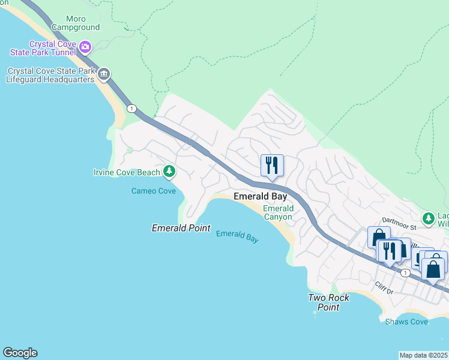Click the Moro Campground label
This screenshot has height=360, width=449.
pyautogui.click(x=76, y=23)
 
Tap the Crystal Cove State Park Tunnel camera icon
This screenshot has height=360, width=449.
pyautogui.click(x=85, y=46)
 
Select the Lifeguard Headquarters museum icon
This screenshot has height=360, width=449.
pyautogui.click(x=104, y=74)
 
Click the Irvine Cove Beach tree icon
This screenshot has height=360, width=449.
pyautogui.click(x=169, y=172)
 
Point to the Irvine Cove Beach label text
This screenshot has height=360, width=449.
pyautogui.click(x=127, y=173)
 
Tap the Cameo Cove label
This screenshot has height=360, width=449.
pyautogui.click(x=154, y=191)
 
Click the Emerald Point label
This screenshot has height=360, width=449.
pyautogui.click(x=181, y=228)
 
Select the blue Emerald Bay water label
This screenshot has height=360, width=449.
pyautogui.click(x=237, y=236)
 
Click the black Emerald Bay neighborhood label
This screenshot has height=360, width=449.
pyautogui.click(x=261, y=196)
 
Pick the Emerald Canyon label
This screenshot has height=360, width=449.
pyautogui.click(x=277, y=212)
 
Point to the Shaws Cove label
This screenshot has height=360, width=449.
pyautogui.click(x=406, y=322)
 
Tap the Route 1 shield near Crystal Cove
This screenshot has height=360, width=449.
pyautogui.click(x=131, y=109)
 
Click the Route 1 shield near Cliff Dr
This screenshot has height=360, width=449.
pyautogui.click(x=406, y=273)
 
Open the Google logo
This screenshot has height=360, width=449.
pyautogui.click(x=20, y=353)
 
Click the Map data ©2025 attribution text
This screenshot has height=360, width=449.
pyautogui.click(x=424, y=355)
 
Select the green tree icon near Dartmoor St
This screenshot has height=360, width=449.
pyautogui.click(x=428, y=218)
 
